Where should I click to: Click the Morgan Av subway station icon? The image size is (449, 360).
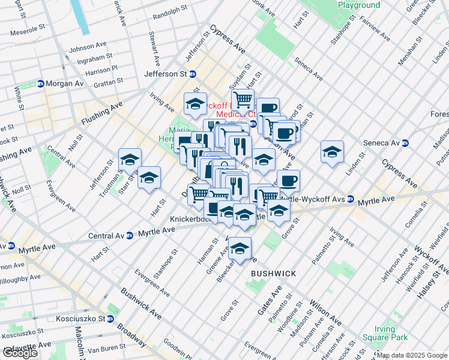click(x=41, y=83)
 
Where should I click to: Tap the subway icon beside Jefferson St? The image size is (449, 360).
click(x=193, y=74)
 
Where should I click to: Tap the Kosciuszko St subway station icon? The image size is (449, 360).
click(x=110, y=318)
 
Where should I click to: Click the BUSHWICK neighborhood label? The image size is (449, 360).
click(x=273, y=274)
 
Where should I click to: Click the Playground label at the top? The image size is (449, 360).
click(x=358, y=5)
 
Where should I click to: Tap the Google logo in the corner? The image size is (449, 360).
click(x=20, y=353)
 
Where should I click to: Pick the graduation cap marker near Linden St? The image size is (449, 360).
click(x=332, y=152)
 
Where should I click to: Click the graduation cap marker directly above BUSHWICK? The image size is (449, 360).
click(x=240, y=249)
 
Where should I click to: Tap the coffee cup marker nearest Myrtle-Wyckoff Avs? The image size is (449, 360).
click(x=288, y=181)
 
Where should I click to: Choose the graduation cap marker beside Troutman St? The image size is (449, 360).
click(x=130, y=160)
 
